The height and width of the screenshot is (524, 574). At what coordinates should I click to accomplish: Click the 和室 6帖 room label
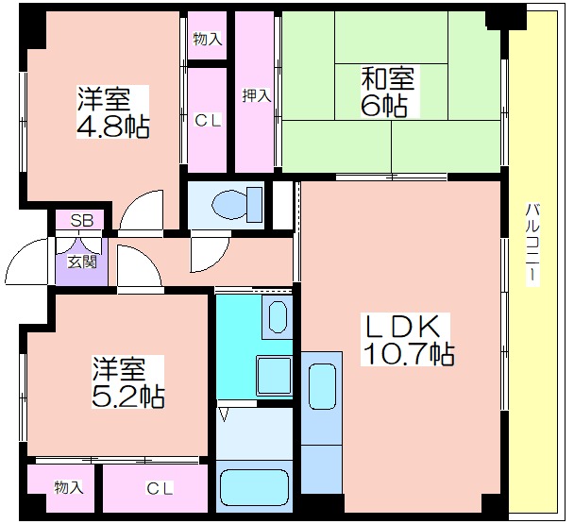pyautogui.click(x=388, y=91)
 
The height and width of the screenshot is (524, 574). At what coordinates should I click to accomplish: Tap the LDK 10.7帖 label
pyautogui.click(x=407, y=340)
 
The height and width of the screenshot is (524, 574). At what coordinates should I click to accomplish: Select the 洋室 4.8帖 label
pyautogui.click(x=112, y=111)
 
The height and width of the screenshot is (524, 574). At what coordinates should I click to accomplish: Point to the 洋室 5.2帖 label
pyautogui.click(x=127, y=382)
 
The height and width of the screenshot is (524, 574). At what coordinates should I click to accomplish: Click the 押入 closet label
pyautogui.click(x=257, y=96)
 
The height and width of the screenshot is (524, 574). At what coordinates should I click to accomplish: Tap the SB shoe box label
pyautogui.click(x=82, y=221)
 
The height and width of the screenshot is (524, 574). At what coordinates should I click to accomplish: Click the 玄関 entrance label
pyautogui.click(x=82, y=262)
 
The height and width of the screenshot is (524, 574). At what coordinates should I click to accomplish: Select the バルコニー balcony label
pyautogui.click(x=532, y=245)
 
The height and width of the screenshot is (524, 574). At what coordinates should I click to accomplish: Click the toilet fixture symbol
pyautogui.click(x=237, y=204)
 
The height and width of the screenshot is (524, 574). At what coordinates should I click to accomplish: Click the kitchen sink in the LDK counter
pyautogui.click(x=322, y=386)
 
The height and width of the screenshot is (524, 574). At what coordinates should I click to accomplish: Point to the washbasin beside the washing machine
pyautogui.click(x=278, y=317)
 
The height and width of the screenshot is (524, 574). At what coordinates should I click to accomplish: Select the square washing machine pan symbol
pyautogui.click(x=274, y=376)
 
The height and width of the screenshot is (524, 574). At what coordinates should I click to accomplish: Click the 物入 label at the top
pyautogui.click(x=208, y=39)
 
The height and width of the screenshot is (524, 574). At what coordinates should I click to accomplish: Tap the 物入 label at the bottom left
pyautogui.click(x=69, y=487)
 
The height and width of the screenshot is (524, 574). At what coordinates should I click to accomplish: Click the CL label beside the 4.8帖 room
pyautogui.click(x=208, y=120)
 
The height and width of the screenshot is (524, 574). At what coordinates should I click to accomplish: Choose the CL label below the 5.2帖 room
pyautogui.click(x=160, y=488)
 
